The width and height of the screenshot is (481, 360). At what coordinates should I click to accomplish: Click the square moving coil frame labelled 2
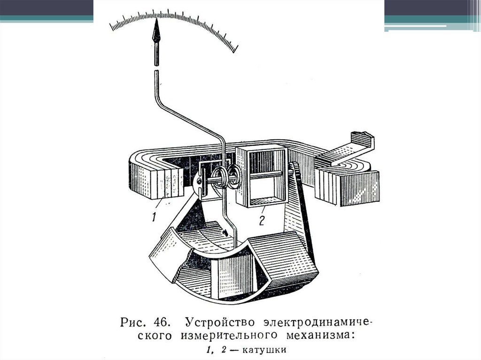click(x=261, y=176)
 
